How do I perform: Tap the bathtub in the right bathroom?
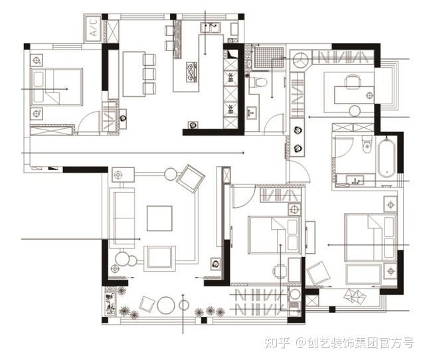point(386,157)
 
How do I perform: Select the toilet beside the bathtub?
point(367,143)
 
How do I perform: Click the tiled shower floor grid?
point(269,58)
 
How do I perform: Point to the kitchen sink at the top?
point(211,28)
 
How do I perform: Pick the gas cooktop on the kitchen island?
point(191,72)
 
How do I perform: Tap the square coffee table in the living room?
point(159,219)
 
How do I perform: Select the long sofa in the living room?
point(122,219)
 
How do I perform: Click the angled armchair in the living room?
point(191,179)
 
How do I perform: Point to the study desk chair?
point(353,81)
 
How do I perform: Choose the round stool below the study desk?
point(355,111)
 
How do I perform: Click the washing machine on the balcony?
point(294,295)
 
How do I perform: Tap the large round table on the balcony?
point(166,306)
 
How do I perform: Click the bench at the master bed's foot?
point(363,274)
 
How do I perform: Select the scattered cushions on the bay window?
point(355,296)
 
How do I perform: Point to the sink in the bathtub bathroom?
point(355,181)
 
